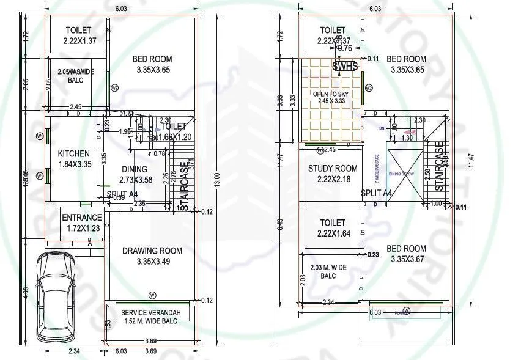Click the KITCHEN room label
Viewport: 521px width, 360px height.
click(73, 153)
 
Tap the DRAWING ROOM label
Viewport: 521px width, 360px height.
click(152, 251)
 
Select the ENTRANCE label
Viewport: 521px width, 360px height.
click(81, 218)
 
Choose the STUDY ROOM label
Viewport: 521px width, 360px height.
click(333, 169)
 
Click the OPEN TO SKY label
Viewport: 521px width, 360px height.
click(333, 94)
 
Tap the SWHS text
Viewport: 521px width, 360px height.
click(344, 67)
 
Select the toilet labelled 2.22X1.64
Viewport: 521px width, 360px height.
click(333, 233)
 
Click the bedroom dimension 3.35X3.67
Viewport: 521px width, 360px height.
click(406, 259)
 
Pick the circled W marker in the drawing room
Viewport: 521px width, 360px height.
click(152, 295)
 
